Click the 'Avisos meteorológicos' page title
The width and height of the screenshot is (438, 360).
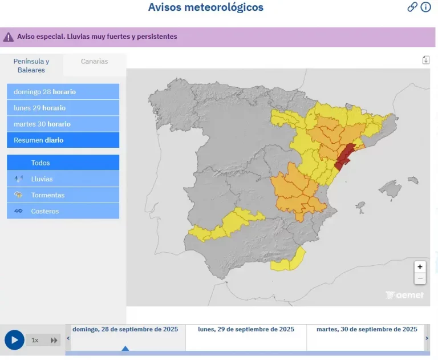point(205,7)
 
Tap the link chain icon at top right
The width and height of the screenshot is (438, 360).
point(412,7)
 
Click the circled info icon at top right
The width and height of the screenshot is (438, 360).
point(425,7)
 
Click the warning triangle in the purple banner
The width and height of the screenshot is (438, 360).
point(8,37)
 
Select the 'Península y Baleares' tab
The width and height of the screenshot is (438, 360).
point(31,66)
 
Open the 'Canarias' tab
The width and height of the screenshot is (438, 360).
point(94,62)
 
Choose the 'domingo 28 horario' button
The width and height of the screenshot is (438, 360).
point(63,92)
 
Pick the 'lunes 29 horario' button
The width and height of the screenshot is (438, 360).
point(63,108)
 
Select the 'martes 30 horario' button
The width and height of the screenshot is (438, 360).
point(63,124)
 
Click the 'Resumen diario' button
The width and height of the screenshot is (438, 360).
point(63,140)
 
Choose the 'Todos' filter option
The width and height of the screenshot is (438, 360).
point(63,163)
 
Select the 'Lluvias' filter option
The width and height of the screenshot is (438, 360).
point(63,179)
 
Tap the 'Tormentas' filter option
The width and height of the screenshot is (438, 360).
point(63,195)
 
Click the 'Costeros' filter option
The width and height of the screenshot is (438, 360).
point(63,211)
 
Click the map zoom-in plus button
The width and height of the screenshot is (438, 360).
point(420,267)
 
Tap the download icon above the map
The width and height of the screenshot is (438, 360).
point(425,60)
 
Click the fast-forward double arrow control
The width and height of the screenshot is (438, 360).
point(54,340)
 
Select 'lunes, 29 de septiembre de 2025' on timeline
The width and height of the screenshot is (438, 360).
point(246,329)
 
